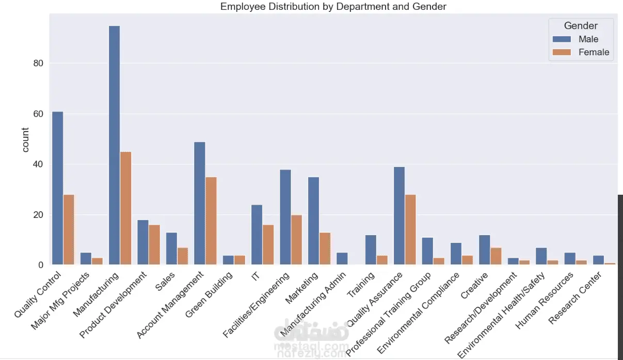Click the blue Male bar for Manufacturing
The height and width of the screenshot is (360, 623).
pos(115,145)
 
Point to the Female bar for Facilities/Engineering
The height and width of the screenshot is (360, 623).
pos(297,240)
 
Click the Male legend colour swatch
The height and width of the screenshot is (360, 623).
pos(562,39)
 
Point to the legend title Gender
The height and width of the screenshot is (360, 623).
pos(581,26)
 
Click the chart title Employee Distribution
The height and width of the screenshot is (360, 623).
pos(333,7)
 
